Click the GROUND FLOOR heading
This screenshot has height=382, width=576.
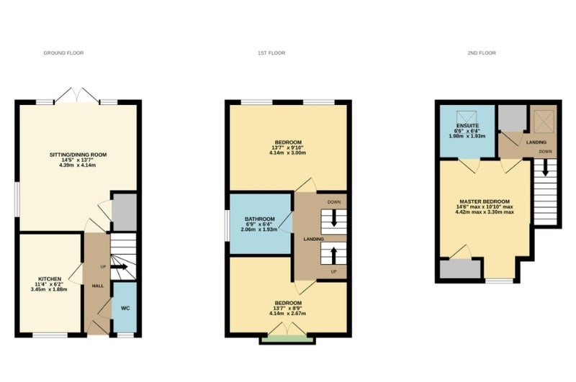point(63,53)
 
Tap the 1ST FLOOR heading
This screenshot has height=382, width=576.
point(271,53)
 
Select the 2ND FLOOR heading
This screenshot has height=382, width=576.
point(482,53)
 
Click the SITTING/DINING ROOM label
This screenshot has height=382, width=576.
point(78,155)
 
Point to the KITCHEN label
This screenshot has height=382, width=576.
point(50,279)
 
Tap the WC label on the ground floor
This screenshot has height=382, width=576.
point(125,308)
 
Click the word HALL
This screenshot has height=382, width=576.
point(98,286)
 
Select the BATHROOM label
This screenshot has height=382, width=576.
point(260,219)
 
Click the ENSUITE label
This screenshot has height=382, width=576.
point(467,125)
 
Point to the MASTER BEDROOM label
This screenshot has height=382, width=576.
point(485,201)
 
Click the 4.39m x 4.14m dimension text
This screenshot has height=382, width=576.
point(78,165)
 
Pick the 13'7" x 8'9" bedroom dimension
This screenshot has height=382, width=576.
point(288,308)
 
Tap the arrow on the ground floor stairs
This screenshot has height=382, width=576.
point(118,267)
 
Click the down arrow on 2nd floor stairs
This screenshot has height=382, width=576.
point(545,168)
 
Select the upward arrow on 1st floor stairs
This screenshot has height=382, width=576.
point(333,256)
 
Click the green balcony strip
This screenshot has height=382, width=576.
point(287,340)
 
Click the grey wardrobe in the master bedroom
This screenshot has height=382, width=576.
point(460,269)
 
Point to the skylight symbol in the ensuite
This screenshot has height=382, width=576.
point(467,117)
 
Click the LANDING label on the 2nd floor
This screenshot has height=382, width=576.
point(536,142)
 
